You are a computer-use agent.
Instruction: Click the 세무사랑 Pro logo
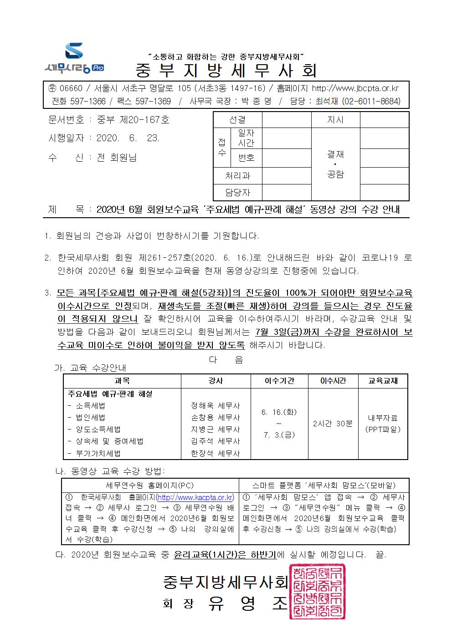pos(74,58)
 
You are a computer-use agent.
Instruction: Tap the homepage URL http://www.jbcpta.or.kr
pos(354,88)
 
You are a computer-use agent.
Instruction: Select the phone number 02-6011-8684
pos(371,101)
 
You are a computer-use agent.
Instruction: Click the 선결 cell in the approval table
pos(237,120)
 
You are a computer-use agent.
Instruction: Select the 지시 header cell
pos(335,120)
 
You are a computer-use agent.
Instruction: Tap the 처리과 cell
pos(237,175)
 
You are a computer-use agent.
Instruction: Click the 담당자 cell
pos(237,193)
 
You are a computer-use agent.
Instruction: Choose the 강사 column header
pos(216,381)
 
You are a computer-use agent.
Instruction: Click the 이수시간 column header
pos(333,381)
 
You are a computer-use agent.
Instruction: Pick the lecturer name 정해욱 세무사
pos(216,405)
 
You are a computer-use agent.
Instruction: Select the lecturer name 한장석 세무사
pos(216,454)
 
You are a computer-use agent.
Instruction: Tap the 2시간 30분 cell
pos(333,423)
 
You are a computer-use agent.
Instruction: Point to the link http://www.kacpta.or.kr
pos(195,497)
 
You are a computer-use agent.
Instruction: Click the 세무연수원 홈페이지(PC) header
pos(150,486)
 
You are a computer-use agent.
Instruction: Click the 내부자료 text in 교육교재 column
pos(383,417)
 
